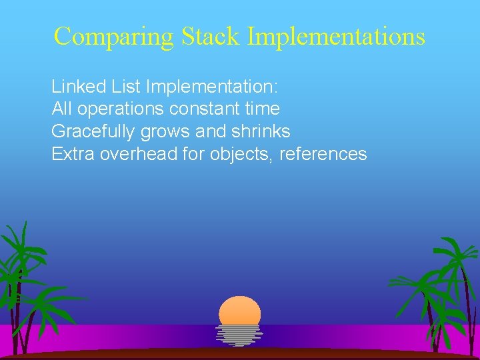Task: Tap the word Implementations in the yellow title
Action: click(336, 37)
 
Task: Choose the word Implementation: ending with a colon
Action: click(213, 87)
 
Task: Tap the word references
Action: click(323, 154)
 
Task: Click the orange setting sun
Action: click(239, 311)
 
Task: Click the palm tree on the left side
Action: click(27, 280)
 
